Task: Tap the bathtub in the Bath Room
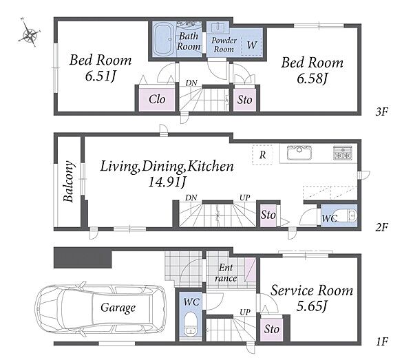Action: [164, 39]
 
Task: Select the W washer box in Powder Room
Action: [251, 45]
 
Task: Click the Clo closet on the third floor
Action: [157, 100]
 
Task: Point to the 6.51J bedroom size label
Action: [101, 76]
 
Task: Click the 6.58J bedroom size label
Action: [312, 78]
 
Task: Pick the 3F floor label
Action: [381, 112]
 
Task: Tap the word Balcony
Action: [69, 181]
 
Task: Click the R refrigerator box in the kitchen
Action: [262, 155]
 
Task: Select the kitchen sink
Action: [299, 153]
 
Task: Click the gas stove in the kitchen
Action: [342, 153]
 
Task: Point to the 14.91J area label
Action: [167, 182]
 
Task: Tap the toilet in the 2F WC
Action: [347, 215]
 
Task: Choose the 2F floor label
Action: [381, 227]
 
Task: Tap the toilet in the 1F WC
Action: [189, 324]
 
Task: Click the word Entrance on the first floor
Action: [226, 273]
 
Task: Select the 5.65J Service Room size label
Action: [312, 306]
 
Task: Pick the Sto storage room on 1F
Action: [272, 329]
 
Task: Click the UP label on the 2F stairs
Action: [244, 198]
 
